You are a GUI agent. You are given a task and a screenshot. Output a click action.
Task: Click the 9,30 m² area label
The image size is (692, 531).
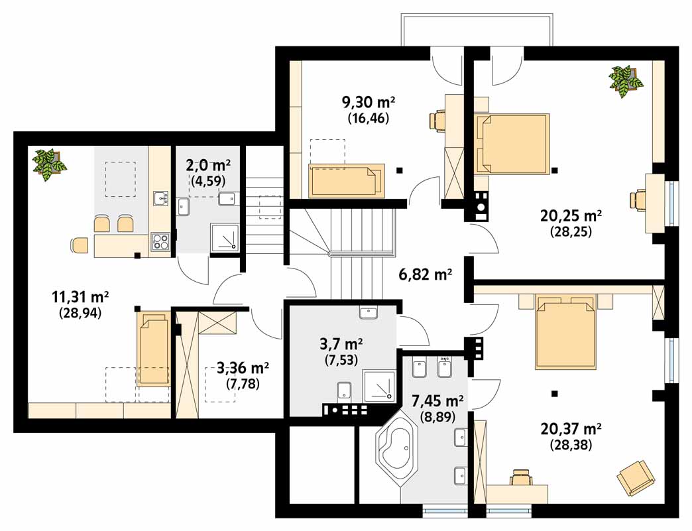coord(369,102)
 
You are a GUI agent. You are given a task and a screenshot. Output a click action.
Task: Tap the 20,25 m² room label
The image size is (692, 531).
coord(571,216)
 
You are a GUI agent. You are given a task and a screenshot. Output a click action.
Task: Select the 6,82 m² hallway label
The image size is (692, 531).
coord(426,274)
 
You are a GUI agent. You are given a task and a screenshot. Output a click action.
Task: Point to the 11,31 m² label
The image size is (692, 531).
coord(80,297)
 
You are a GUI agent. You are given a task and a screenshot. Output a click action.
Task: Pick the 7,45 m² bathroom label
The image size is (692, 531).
coord(437,401)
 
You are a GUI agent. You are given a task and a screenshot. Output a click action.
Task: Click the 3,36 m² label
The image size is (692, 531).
coord(243,368)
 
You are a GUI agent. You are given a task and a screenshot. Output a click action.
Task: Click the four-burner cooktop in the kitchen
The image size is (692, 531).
coord(160,242)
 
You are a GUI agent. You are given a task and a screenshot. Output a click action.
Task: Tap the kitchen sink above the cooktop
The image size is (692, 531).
coord(160,198)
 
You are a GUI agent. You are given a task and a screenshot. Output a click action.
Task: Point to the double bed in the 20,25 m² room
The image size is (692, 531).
coord(512,144)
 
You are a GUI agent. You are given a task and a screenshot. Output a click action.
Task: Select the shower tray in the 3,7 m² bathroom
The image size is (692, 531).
coord(378,386)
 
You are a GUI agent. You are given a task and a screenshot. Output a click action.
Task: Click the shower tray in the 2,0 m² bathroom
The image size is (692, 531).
coord(225,238)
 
